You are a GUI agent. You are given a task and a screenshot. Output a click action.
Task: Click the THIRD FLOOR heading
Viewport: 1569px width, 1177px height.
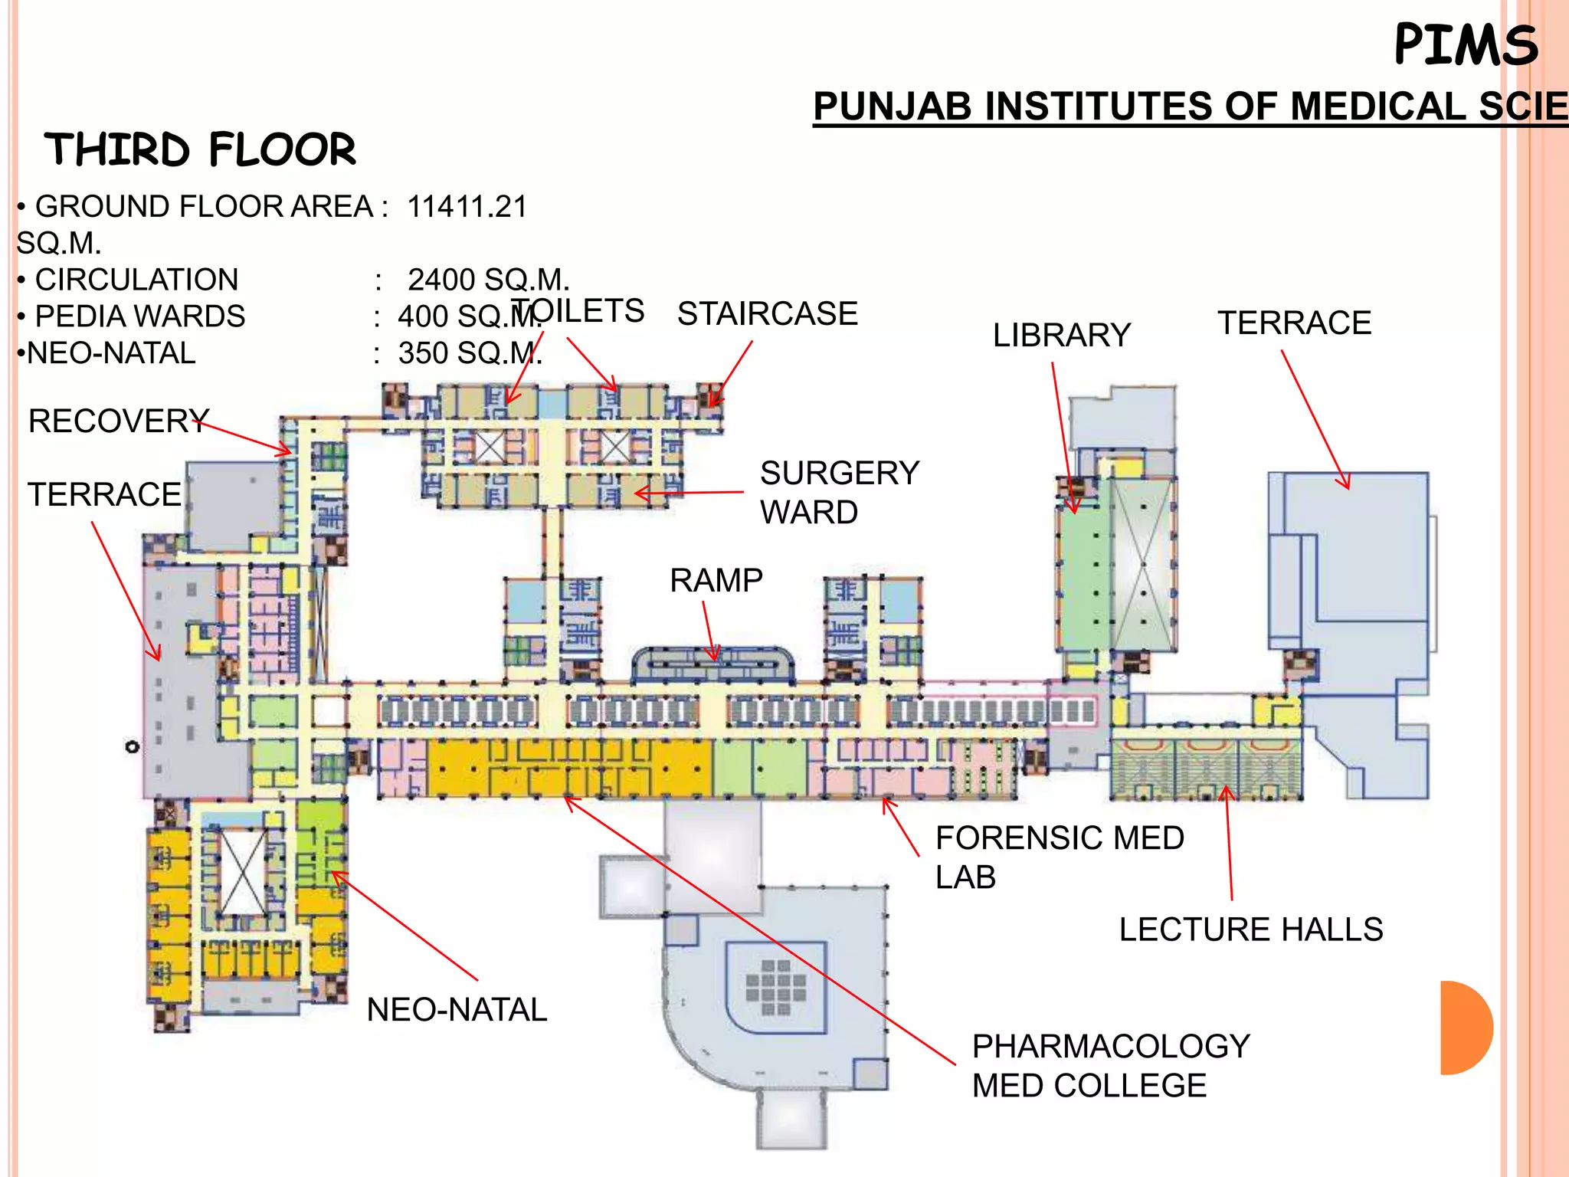pyautogui.click(x=201, y=149)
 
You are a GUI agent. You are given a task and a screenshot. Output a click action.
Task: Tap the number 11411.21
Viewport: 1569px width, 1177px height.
pyautogui.click(x=467, y=207)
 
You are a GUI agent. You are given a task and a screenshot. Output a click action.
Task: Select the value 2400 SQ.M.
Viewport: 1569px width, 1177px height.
pyautogui.click(x=488, y=280)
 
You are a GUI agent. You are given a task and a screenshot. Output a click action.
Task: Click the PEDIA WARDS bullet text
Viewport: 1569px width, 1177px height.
pyautogui.click(x=140, y=316)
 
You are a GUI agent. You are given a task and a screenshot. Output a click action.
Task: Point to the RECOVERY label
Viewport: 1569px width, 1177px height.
pyautogui.click(x=119, y=421)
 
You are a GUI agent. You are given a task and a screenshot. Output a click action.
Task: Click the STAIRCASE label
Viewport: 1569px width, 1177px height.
pyautogui.click(x=767, y=313)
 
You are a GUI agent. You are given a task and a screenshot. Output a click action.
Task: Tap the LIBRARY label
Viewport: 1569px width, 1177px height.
pyautogui.click(x=1061, y=335)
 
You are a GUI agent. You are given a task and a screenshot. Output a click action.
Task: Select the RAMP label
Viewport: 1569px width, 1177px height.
pyautogui.click(x=716, y=580)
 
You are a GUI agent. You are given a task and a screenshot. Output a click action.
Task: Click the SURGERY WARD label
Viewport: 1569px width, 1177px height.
pyautogui.click(x=839, y=492)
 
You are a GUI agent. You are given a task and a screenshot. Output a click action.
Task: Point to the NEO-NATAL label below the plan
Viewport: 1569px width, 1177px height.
pyautogui.click(x=457, y=1009)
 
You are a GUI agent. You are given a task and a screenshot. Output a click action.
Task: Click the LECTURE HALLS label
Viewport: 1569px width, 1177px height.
pyautogui.click(x=1250, y=929)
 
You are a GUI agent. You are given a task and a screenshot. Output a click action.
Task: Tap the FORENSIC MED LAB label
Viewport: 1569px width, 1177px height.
pyautogui.click(x=1059, y=857)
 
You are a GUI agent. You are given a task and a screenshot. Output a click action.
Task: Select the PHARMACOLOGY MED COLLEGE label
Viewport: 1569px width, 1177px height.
pyautogui.click(x=1110, y=1065)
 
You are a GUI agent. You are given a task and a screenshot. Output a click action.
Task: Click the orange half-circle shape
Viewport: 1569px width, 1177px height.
pyautogui.click(x=1465, y=1028)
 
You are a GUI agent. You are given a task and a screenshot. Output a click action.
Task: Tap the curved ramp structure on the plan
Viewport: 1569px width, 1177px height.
pyautogui.click(x=712, y=664)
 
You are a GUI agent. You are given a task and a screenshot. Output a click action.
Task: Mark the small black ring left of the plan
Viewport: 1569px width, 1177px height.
pyautogui.click(x=133, y=746)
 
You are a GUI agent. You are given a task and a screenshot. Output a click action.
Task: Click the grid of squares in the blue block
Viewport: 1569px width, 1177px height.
pyautogui.click(x=775, y=987)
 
